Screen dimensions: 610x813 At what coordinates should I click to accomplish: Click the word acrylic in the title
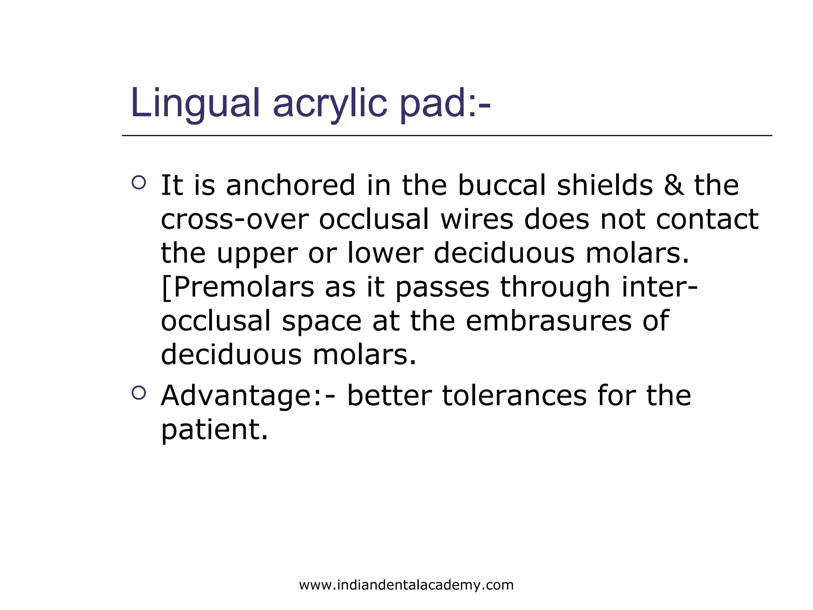point(329,103)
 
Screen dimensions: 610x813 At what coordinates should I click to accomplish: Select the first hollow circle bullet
point(139,183)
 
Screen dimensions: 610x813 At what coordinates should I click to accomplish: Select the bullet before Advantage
point(139,393)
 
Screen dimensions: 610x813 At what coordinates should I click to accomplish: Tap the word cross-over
point(235,220)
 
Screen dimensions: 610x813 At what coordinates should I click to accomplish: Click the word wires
point(477,220)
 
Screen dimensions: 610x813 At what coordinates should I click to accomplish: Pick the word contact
point(707,220)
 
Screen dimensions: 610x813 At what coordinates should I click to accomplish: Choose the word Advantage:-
point(249,396)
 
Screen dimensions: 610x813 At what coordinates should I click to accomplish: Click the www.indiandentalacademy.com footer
point(406,585)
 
